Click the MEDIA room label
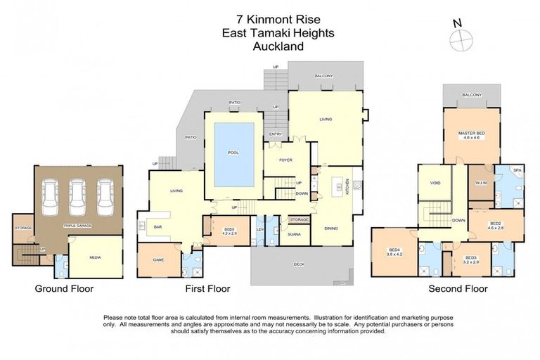tap(95, 257)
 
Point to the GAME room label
tap(158, 259)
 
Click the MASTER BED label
tap(471, 134)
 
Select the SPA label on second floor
tap(516, 171)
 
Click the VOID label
tap(435, 183)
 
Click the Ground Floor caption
tap(64, 288)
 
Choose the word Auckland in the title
tap(278, 47)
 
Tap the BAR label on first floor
tap(159, 227)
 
